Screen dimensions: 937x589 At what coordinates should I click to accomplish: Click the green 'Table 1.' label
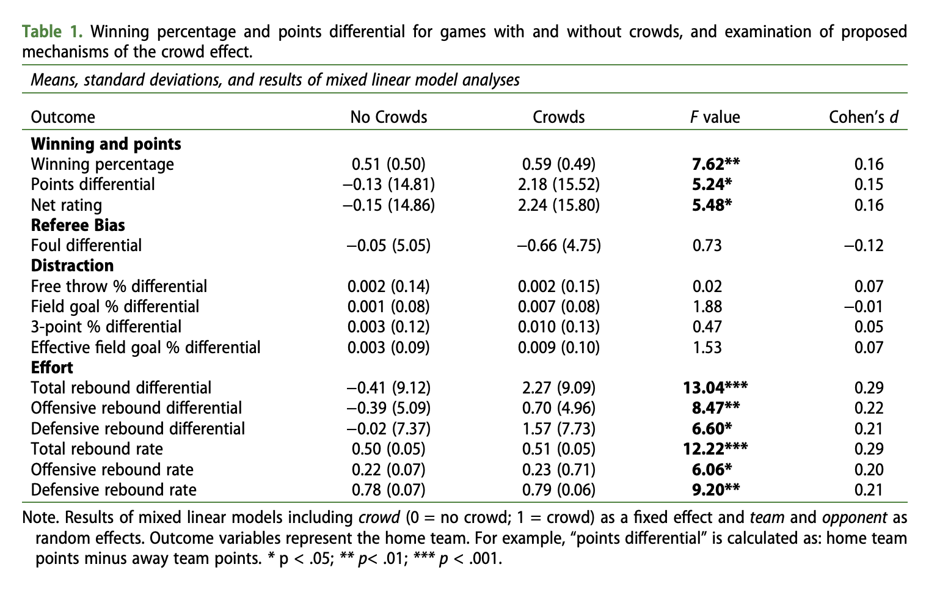(x=53, y=32)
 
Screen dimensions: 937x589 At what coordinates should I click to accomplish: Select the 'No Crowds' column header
(x=388, y=117)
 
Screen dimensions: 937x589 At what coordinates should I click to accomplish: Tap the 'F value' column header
(x=715, y=117)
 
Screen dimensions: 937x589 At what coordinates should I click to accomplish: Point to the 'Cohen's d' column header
(x=863, y=117)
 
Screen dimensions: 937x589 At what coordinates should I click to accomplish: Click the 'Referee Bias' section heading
(x=78, y=225)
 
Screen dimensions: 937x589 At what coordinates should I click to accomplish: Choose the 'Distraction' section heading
(x=72, y=266)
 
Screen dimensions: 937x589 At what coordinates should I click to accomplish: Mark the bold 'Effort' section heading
(x=52, y=368)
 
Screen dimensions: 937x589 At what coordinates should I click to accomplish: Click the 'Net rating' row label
(x=67, y=205)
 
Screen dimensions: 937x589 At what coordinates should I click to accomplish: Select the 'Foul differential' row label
(x=86, y=246)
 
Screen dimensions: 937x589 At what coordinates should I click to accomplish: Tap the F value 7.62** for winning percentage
(x=716, y=164)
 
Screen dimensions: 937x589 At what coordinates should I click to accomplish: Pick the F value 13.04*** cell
(x=715, y=388)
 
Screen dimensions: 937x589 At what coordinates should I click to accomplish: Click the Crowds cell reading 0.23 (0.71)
(x=558, y=469)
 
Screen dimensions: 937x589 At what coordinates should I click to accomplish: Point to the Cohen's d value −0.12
(x=864, y=246)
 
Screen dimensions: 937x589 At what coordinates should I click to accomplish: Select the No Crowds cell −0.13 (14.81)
(x=388, y=185)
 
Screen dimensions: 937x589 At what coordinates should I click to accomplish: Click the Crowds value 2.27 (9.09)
(x=558, y=388)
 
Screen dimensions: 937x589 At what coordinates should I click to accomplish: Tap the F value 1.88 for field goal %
(x=707, y=307)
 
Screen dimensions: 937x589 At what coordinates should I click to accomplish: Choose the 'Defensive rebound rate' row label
(x=114, y=490)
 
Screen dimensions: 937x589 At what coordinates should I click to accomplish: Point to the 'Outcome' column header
(x=63, y=117)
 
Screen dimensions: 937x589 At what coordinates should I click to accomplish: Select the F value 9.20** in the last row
(x=716, y=490)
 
